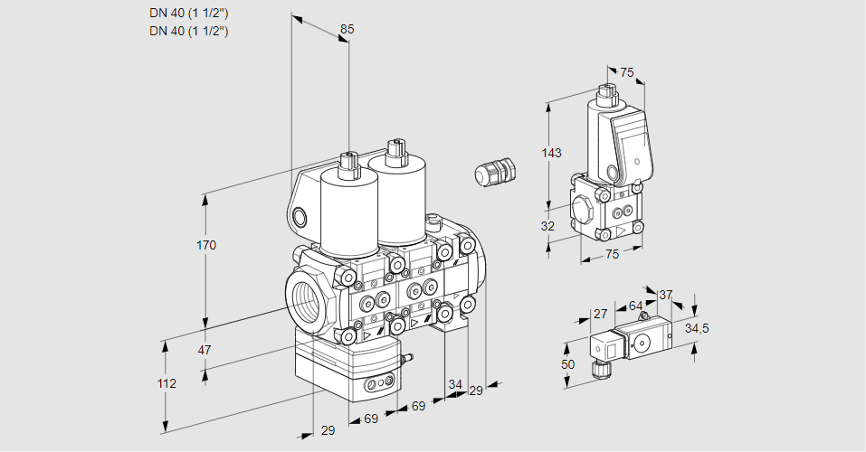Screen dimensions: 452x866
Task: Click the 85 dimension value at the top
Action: click(347, 29)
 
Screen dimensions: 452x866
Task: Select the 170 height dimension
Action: click(206, 245)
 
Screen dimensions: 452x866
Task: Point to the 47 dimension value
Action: click(205, 350)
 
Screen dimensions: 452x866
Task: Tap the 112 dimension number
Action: click(166, 383)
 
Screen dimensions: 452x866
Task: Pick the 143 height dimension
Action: click(551, 153)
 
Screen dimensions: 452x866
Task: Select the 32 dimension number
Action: click(547, 226)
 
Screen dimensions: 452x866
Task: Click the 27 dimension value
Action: click(600, 314)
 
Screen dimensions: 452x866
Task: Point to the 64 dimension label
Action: click(635, 306)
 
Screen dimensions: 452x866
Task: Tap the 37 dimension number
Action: click(665, 295)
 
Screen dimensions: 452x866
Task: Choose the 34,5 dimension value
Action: click(696, 328)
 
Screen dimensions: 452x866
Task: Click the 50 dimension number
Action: click(567, 363)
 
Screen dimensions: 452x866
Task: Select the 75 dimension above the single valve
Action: click(626, 73)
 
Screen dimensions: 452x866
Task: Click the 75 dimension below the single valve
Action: click(612, 255)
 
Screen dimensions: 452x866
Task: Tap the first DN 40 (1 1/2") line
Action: click(188, 13)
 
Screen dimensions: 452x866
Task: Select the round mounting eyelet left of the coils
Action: click(300, 217)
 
